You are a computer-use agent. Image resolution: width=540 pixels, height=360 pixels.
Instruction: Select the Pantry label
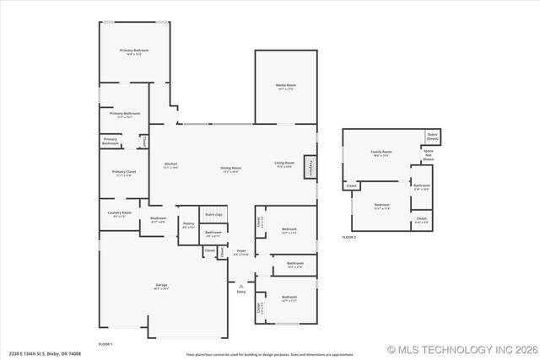tap(187, 225)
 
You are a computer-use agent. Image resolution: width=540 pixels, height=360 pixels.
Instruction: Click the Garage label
tap(161, 287)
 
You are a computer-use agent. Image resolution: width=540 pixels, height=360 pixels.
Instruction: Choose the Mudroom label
tap(159, 219)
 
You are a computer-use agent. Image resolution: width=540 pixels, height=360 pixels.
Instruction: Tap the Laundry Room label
tap(120, 213)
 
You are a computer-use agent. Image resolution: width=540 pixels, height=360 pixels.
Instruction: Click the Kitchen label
tap(170, 164)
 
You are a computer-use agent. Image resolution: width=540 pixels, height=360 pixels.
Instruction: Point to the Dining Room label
tap(231, 168)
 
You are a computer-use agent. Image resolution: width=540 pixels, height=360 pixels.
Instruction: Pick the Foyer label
tap(241, 251)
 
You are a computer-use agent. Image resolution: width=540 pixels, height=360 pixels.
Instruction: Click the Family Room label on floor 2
tap(381, 153)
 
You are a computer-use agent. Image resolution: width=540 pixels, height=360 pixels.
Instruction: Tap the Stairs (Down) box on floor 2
tap(432, 137)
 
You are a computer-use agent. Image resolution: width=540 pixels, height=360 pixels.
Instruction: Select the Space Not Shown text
tap(429, 153)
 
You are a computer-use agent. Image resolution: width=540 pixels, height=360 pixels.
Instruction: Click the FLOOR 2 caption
tap(349, 238)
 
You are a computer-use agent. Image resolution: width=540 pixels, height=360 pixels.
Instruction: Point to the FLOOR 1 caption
tap(105, 344)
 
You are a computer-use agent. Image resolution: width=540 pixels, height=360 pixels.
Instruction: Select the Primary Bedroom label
tap(134, 51)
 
